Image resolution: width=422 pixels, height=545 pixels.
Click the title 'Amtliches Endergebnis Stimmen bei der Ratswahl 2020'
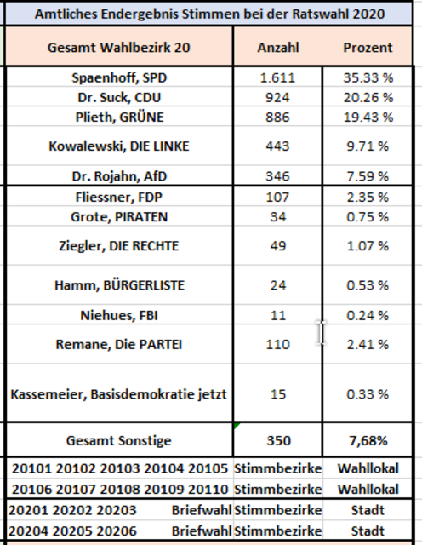tap(210, 14)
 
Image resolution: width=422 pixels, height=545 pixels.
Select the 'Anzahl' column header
tap(278, 48)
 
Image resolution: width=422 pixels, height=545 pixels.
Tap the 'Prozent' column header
tap(368, 48)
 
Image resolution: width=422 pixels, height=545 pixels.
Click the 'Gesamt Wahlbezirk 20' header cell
tap(119, 48)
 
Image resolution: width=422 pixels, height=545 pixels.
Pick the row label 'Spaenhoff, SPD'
tap(119, 77)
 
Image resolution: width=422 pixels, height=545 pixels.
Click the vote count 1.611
tap(277, 77)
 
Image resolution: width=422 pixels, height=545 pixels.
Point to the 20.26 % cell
tap(368, 98)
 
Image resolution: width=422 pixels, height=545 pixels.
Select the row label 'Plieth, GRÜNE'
tap(119, 118)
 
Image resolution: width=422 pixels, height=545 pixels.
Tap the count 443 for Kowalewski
tap(277, 146)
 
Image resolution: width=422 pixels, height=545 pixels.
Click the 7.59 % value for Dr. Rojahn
tap(368, 176)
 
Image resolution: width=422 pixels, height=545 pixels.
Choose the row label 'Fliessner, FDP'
tap(119, 197)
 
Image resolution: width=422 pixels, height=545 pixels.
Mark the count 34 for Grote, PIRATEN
tap(278, 217)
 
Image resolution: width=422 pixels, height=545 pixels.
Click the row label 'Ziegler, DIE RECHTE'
tap(119, 246)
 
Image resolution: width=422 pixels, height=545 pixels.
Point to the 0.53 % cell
tap(368, 285)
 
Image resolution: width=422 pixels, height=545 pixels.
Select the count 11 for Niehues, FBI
tap(278, 316)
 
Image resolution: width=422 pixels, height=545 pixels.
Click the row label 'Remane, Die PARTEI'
tap(119, 344)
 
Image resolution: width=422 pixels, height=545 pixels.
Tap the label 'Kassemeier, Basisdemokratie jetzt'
tap(119, 394)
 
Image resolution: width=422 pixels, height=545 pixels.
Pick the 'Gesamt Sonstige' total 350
tap(278, 441)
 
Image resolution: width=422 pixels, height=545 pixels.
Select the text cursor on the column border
tap(322, 333)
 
